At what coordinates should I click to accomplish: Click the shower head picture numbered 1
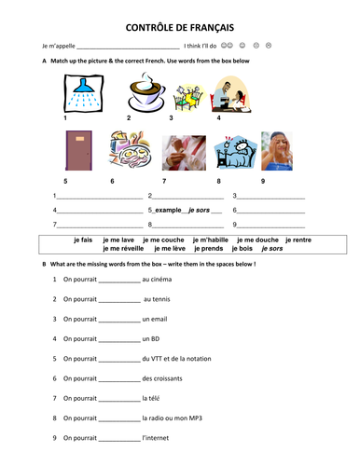click(78, 94)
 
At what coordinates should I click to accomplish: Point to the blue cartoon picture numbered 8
click(232, 154)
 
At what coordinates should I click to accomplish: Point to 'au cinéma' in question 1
click(158, 279)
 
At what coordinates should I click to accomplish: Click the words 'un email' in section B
click(157, 319)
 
